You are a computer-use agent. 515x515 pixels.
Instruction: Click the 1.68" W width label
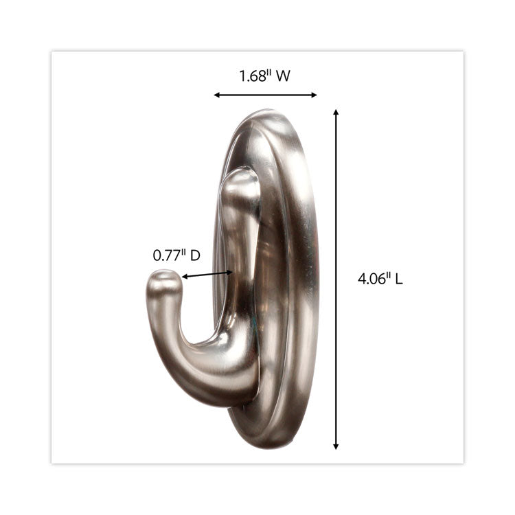(264, 76)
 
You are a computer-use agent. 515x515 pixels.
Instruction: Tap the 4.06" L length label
(380, 279)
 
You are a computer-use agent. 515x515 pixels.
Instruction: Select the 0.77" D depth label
(176, 255)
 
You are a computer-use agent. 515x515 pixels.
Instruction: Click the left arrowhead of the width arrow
(216, 95)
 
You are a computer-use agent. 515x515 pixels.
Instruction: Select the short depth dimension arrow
(207, 274)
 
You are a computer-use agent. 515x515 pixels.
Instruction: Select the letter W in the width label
(282, 76)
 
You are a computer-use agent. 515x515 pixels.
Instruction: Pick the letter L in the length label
(398, 279)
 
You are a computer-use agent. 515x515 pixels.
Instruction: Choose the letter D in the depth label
(195, 255)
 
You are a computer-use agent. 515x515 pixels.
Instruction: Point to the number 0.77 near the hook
(165, 255)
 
